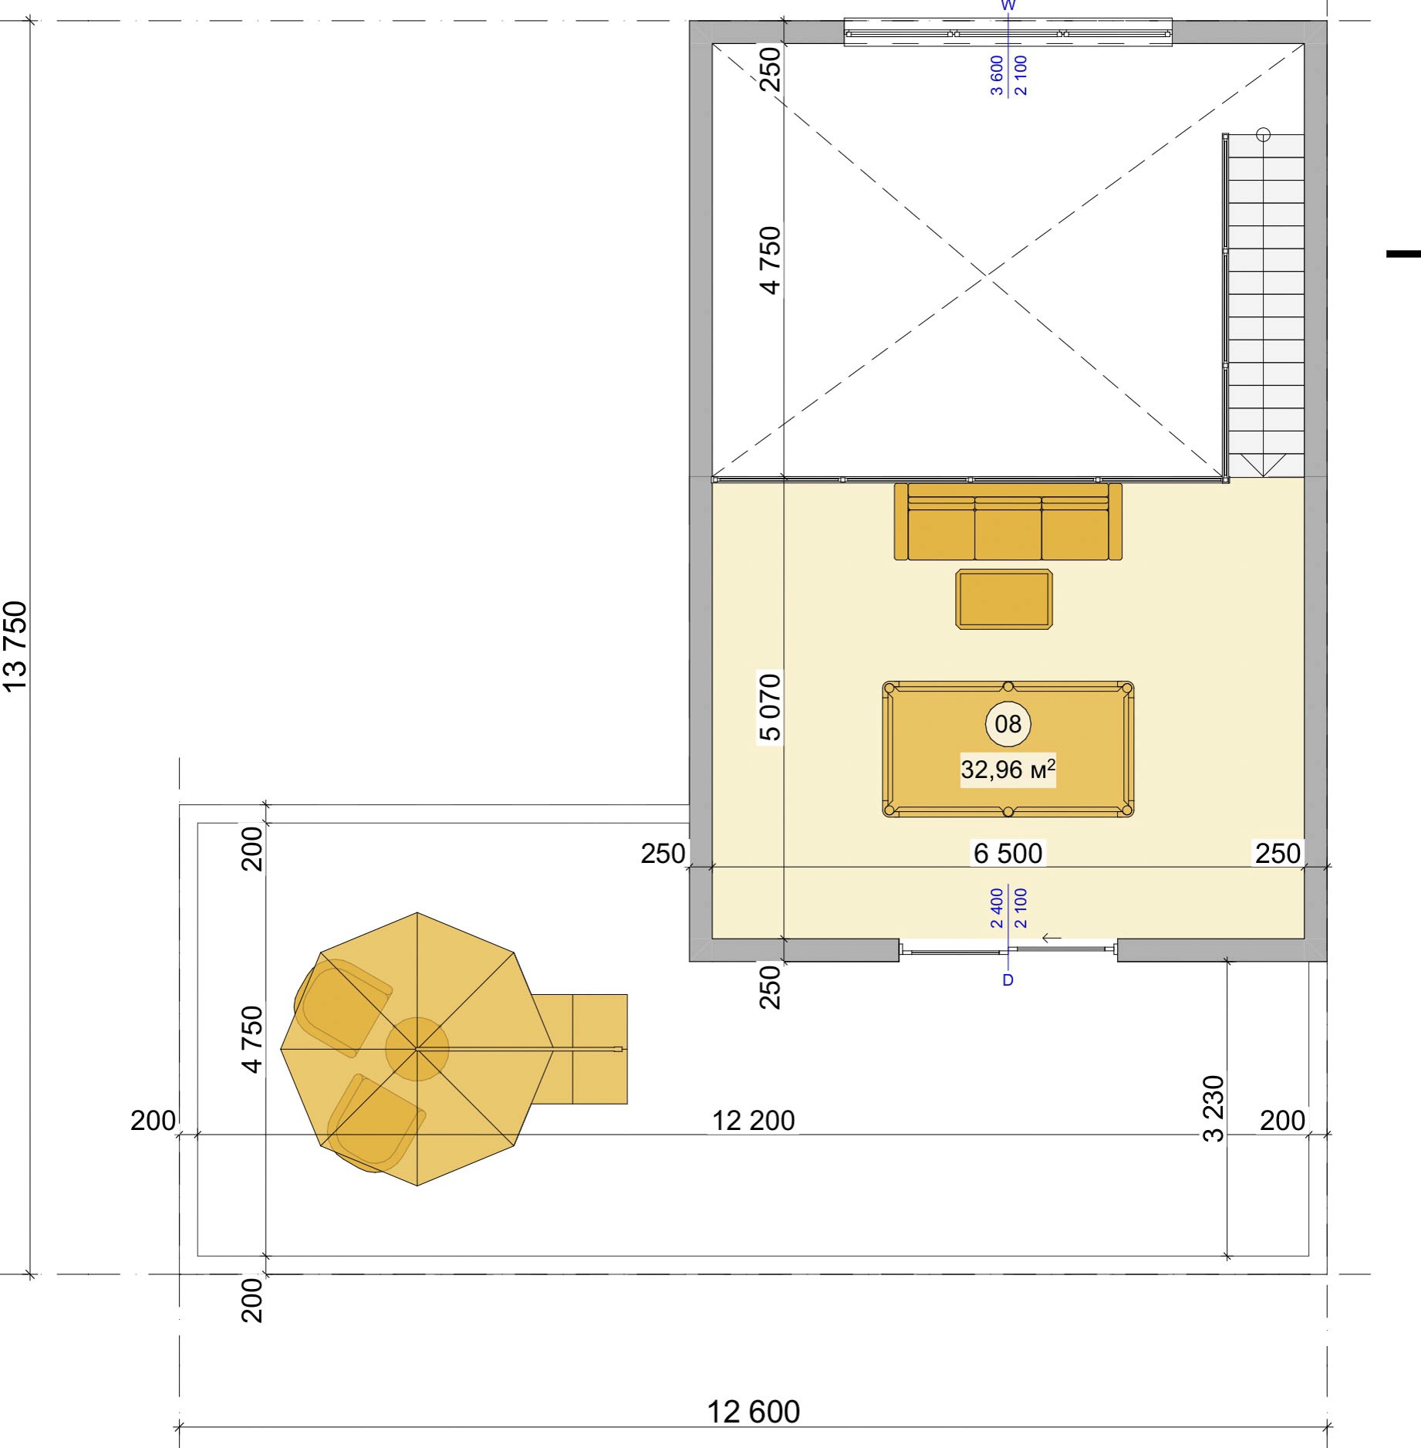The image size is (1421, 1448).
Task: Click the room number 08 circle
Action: (1008, 724)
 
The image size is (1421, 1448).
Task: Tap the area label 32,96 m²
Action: (1008, 770)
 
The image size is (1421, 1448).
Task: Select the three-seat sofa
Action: (1008, 521)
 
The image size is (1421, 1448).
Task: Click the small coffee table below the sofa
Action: (1004, 599)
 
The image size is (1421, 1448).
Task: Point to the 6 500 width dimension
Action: (1008, 853)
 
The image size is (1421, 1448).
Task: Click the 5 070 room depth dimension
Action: (770, 707)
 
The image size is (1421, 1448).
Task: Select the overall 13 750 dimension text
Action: (15, 646)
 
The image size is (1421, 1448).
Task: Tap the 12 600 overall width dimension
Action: (753, 1412)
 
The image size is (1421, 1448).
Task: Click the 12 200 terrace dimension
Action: (753, 1120)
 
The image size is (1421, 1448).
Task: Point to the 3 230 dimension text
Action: (1213, 1108)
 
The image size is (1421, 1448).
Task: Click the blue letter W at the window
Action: (1008, 5)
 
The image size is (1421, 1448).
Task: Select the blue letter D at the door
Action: (1008, 980)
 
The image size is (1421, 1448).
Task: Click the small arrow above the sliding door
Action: (1051, 938)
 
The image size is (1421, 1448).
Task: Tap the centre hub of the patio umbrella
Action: (417, 1049)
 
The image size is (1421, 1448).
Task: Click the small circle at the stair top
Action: (1263, 134)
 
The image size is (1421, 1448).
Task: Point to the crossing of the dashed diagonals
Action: (987, 274)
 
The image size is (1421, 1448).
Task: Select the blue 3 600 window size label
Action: (997, 76)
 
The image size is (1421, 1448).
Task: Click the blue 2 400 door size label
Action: (997, 908)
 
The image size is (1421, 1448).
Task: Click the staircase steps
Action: (1265, 305)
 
